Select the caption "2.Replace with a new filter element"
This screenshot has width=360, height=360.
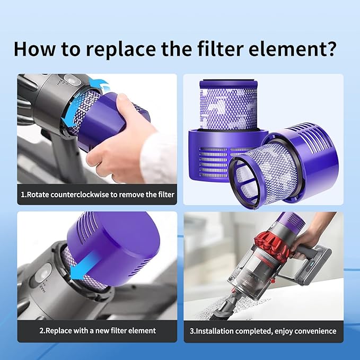98,330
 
